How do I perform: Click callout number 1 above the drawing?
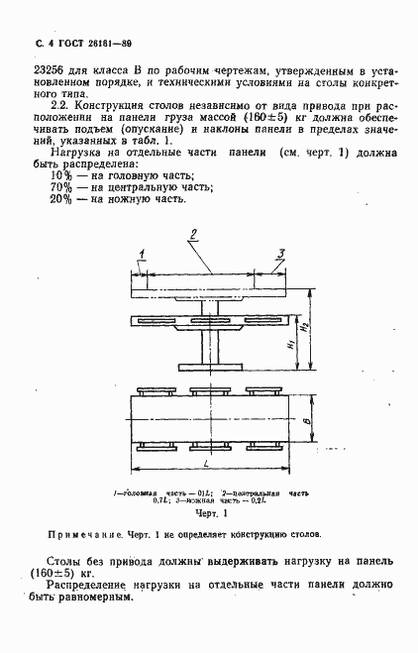click(143, 254)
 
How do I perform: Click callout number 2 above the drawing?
click(195, 235)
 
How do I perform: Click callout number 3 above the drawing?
click(280, 255)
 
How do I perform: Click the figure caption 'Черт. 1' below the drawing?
click(211, 513)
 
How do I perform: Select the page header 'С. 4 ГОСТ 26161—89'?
click(70, 45)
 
